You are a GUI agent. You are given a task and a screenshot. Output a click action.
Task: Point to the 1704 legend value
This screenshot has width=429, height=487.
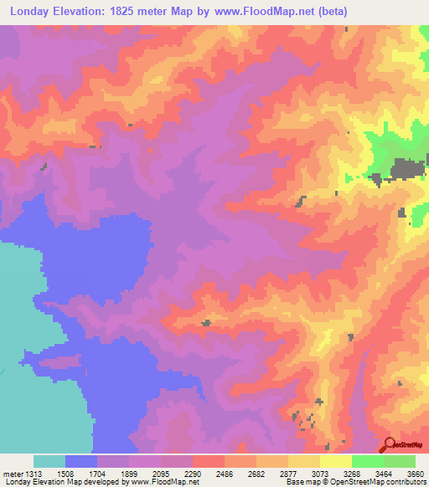[112, 473]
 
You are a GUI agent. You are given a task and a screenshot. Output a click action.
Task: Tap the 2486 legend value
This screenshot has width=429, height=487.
[225, 473]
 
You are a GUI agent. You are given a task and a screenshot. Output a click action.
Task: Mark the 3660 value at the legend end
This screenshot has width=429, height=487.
[416, 473]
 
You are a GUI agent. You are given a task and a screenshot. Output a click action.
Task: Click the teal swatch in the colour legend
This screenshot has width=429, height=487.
[49, 461]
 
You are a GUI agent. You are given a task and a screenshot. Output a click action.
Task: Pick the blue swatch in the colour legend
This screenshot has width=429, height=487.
[81, 461]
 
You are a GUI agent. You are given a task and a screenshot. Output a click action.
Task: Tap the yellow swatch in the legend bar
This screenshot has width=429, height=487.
[336, 461]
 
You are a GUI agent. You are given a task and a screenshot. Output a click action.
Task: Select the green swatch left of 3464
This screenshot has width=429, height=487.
[368, 461]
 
